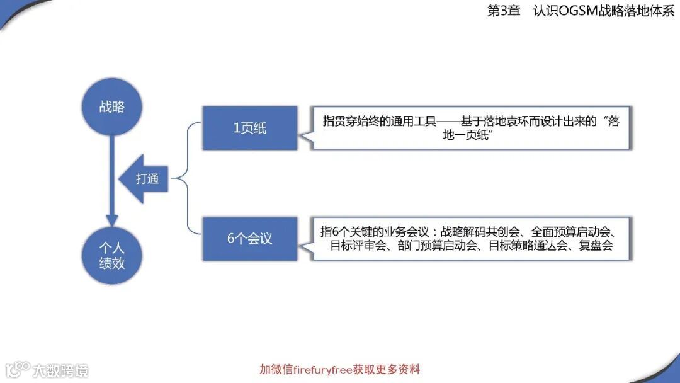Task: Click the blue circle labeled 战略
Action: (111, 106)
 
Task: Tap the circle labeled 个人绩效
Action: (111, 254)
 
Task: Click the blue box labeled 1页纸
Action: (250, 129)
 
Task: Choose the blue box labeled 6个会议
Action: (250, 239)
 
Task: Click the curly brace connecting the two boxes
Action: (186, 179)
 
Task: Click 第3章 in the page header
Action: (502, 11)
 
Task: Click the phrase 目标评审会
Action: (354, 246)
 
